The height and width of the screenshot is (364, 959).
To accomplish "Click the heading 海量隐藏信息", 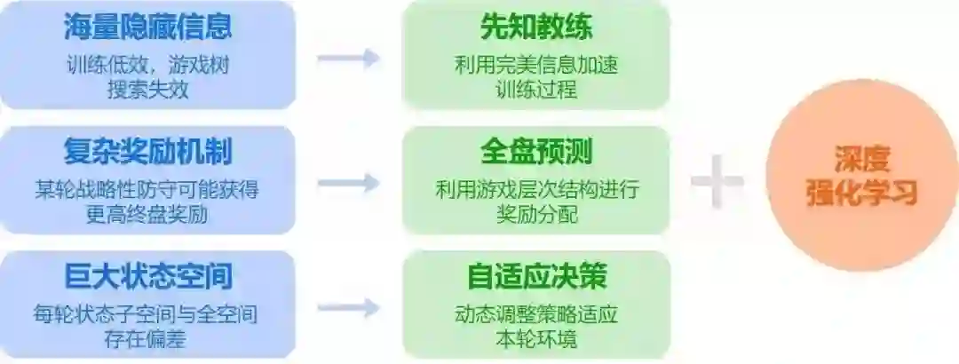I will click(147, 27).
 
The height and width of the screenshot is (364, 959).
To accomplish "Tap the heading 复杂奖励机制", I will click(147, 151).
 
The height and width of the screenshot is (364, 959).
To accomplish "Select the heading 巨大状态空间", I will click(147, 276).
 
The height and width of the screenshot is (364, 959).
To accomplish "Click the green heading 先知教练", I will click(535, 28).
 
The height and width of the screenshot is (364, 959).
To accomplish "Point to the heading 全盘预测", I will click(535, 151).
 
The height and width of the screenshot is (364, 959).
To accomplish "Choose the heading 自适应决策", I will click(535, 276).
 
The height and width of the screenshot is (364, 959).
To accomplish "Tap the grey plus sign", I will click(717, 181).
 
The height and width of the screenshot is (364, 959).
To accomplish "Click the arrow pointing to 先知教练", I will click(348, 59).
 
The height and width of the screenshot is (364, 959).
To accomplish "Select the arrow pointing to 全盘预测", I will click(348, 184).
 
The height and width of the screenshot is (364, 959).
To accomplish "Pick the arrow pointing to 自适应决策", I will click(348, 308).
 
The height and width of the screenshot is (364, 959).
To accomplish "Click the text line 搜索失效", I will click(147, 90).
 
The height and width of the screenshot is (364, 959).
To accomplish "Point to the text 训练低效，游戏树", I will click(147, 66).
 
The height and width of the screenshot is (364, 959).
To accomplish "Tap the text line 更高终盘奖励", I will click(147, 214).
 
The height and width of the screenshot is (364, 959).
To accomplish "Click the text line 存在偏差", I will click(147, 339).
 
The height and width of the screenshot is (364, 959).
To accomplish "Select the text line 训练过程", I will click(535, 90).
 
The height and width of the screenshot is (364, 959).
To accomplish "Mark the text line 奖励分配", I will click(535, 214).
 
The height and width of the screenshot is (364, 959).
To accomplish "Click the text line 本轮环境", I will click(535, 339).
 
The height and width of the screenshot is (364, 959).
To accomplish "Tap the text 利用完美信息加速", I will click(535, 66).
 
